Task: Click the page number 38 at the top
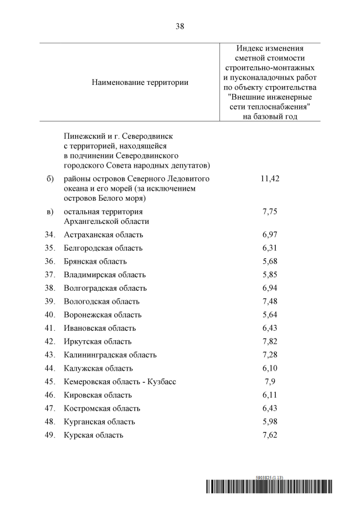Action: pyautogui.click(x=180, y=26)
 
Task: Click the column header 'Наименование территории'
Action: pyautogui.click(x=140, y=82)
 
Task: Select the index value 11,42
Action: pyautogui.click(x=270, y=178)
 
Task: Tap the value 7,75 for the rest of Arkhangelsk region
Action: pyautogui.click(x=270, y=212)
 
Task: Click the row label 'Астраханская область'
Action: pyautogui.click(x=103, y=235)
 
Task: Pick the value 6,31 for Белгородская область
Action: pyautogui.click(x=270, y=248)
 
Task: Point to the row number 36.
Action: pyautogui.click(x=49, y=262)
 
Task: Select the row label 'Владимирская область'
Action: pyautogui.click(x=105, y=275)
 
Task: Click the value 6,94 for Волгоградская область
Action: pyautogui.click(x=270, y=288)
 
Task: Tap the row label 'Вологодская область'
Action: pyautogui.click(x=102, y=301)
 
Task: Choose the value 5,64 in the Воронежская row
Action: pyautogui.click(x=270, y=315)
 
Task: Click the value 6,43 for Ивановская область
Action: pyautogui.click(x=270, y=328)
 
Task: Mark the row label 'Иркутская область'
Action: pyautogui.click(x=98, y=341)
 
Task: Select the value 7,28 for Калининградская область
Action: pyautogui.click(x=270, y=355)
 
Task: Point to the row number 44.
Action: pyautogui.click(x=49, y=368)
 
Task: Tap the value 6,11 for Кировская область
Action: pyautogui.click(x=270, y=395)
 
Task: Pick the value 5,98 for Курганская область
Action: pyautogui.click(x=270, y=422)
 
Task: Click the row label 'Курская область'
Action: pyautogui.click(x=93, y=435)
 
